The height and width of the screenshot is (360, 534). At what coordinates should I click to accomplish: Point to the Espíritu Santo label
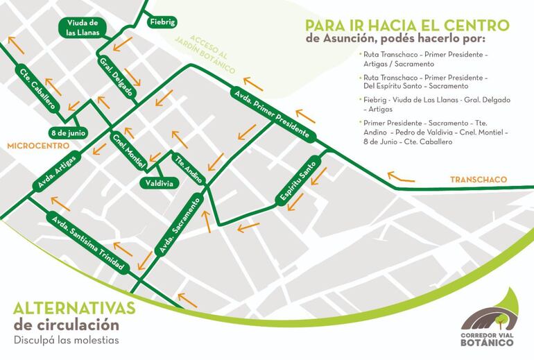click(295, 182)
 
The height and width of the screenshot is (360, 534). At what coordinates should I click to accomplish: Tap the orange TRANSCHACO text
click(478, 180)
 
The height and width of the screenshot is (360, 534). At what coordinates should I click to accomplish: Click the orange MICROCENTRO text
click(33, 146)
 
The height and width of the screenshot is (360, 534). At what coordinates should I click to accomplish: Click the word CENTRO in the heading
click(479, 25)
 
